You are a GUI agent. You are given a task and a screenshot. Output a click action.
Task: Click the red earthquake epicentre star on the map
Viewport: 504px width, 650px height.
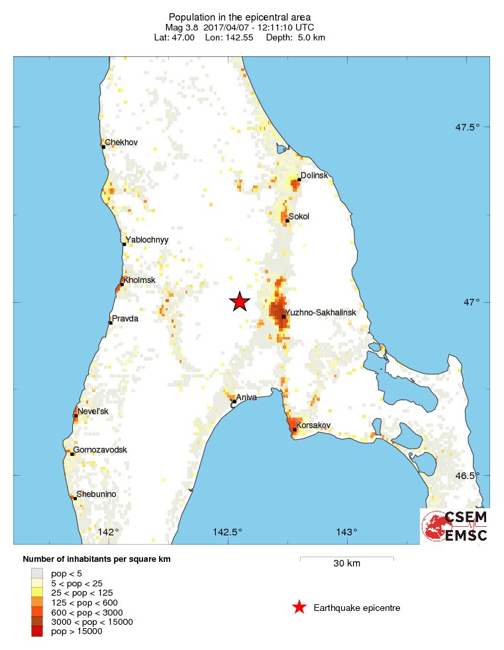[239, 302]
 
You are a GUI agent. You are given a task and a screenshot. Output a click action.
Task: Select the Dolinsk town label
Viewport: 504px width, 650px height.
[315, 176]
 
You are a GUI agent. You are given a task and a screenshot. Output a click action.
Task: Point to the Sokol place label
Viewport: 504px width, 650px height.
[299, 217]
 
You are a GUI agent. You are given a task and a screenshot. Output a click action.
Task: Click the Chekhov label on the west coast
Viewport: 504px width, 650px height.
[121, 142]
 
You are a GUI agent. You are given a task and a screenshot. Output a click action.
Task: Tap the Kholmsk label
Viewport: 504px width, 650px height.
[139, 280]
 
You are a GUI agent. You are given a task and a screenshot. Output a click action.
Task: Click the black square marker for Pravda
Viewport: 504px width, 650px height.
[110, 323]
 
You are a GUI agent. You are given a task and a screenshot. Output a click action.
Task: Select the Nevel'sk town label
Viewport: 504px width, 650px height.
[93, 411]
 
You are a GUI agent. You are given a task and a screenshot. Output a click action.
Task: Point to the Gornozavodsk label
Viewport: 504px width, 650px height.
[100, 450]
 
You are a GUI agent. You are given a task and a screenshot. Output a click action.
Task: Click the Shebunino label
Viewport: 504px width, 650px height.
[97, 494]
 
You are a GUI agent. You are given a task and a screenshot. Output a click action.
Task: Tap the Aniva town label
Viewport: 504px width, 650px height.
[245, 397]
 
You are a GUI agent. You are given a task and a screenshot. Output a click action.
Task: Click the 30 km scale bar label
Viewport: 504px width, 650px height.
[346, 564]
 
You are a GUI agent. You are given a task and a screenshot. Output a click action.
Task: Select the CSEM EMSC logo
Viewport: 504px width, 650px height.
[455, 526]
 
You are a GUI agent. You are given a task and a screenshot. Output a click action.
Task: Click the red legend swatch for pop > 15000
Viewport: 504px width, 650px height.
[37, 631]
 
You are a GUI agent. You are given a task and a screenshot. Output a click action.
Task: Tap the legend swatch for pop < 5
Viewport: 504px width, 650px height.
[37, 572]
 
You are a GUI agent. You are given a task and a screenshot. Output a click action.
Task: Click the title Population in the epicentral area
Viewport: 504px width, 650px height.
[239, 17]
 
